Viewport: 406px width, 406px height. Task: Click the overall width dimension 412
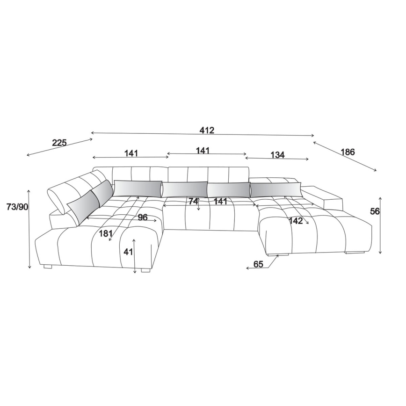point(207,130)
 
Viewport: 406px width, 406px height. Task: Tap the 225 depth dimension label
point(59,143)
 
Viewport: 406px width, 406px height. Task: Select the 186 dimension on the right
point(348,152)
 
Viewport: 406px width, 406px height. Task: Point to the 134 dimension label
point(277,155)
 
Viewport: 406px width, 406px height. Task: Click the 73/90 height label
point(17,207)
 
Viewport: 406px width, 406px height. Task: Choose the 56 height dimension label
point(374,211)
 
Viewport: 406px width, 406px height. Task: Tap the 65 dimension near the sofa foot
point(258,264)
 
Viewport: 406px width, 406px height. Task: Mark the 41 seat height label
point(128,252)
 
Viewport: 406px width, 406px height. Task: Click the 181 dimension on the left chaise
point(106,233)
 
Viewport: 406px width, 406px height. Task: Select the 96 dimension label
point(142,217)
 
